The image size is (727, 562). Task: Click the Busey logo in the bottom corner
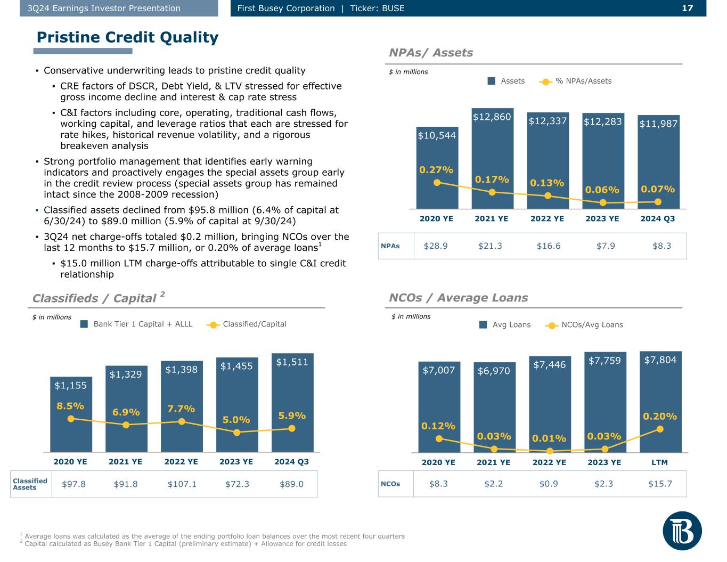(682, 531)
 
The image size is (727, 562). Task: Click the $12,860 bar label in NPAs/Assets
(492, 117)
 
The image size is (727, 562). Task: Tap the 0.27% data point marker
(437, 182)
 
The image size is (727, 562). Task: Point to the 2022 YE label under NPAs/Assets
(547, 218)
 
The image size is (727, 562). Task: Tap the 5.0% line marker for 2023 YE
(236, 432)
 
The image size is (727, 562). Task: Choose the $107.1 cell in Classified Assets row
(182, 484)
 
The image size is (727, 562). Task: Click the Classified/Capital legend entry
(247, 324)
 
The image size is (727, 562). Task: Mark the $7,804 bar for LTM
(660, 405)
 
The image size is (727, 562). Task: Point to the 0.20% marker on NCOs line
(660, 429)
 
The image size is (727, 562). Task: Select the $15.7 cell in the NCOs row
(660, 484)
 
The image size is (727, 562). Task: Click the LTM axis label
(660, 462)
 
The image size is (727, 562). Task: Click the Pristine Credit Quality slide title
(127, 37)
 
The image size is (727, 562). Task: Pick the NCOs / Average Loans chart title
(459, 298)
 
